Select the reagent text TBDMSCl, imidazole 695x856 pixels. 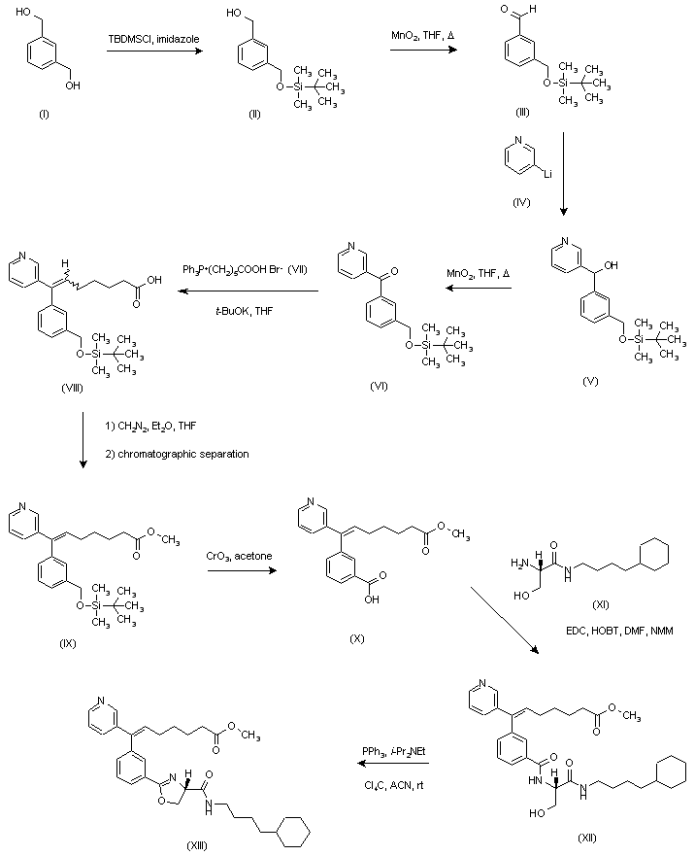pos(153,39)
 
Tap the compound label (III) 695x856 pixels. pos(522,113)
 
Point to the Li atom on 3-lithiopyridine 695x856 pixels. pos(547,174)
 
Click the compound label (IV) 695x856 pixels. pos(521,202)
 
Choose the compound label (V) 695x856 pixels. pos(590,381)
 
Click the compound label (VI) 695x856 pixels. pos(379,386)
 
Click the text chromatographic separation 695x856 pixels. pos(183,454)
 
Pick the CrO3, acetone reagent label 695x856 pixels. pos(239,556)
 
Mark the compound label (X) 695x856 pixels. pos(357,638)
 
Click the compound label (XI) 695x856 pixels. pos(600,604)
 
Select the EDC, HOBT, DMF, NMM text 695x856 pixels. pos(619,632)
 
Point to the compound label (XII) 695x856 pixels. pos(586,838)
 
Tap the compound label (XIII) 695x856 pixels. pos(197,845)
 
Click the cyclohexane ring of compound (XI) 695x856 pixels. pos(653,556)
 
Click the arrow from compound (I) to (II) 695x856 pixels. pos(153,51)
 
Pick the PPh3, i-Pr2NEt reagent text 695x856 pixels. pos(394,751)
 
